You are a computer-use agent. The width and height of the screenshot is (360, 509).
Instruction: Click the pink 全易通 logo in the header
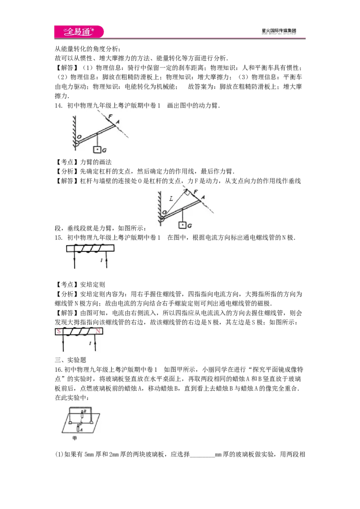coord(79,31)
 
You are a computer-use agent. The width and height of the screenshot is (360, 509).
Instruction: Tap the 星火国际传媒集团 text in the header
coord(279,31)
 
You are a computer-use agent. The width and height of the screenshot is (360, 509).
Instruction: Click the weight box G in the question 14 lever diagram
coord(97,150)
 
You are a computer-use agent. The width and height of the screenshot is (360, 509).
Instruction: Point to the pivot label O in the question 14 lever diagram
coord(79,137)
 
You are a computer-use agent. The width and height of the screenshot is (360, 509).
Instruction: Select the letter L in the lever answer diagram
coord(171,199)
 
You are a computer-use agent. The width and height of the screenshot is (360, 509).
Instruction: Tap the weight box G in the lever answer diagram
coord(182,225)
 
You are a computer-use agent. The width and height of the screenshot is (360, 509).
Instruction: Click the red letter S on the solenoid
coord(59,331)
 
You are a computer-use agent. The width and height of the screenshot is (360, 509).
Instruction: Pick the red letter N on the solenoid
coord(98,331)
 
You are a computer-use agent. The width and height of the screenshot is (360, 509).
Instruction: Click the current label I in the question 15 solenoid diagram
coord(101,260)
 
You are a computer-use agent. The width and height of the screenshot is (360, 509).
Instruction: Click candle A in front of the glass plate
coord(78,428)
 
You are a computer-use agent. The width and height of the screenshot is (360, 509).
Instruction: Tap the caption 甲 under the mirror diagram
coord(75,438)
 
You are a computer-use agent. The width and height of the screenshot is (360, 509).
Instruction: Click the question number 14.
coord(58,106)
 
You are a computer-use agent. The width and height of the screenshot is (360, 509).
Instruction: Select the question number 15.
coord(58,237)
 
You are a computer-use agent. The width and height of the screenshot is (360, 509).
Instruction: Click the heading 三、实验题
coord(71,360)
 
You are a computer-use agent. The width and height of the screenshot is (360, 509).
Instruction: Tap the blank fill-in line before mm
coord(202,456)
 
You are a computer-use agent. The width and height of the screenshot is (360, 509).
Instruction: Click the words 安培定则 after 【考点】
coord(93,285)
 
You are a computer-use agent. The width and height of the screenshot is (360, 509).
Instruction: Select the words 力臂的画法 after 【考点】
coord(96,162)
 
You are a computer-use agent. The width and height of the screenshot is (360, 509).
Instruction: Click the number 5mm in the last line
coord(89,455)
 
